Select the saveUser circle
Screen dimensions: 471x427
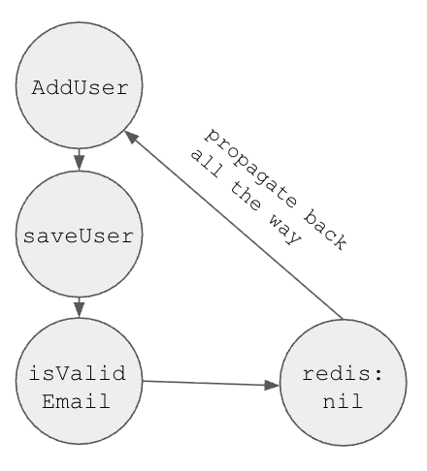[80, 235]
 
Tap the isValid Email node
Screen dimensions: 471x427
[80, 386]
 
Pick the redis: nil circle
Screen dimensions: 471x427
[342, 386]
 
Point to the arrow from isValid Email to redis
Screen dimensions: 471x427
[209, 383]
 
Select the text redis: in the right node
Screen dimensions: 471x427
[342, 374]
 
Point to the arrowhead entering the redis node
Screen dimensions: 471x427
[271, 385]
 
